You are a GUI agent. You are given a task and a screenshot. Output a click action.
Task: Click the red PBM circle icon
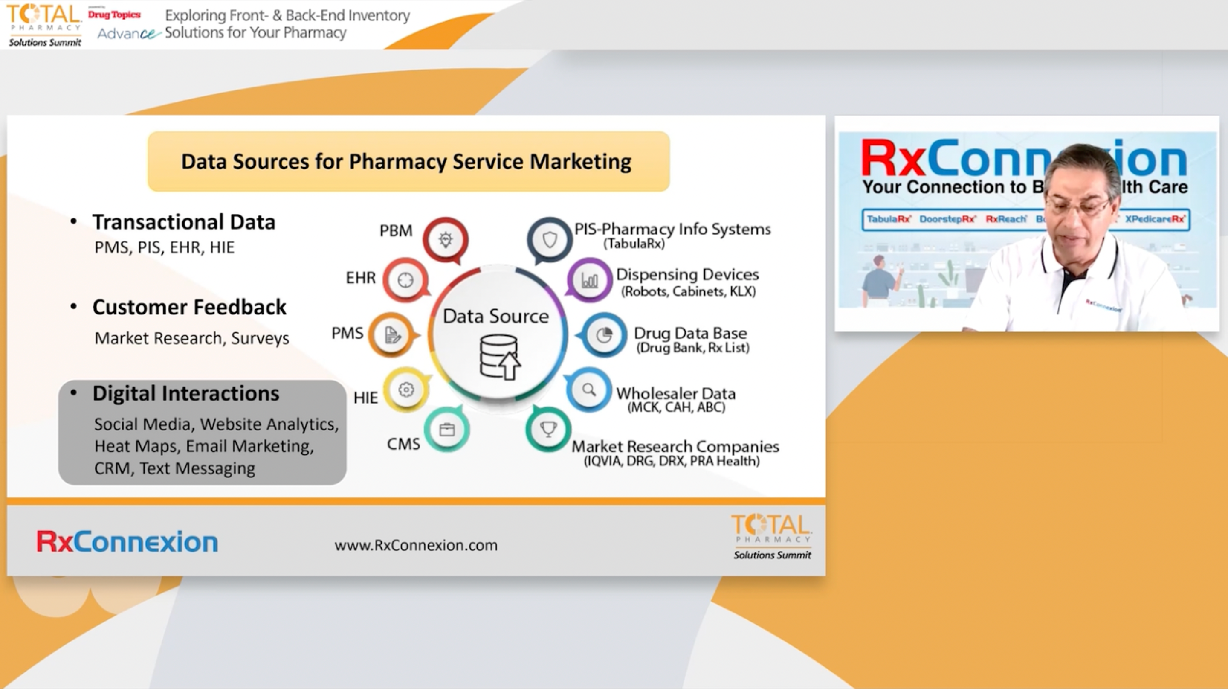445,239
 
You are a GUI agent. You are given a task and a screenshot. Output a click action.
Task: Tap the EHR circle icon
405,280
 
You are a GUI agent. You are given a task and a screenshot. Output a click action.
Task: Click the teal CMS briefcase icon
447,430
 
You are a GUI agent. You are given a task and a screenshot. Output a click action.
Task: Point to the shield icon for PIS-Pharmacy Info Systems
550,239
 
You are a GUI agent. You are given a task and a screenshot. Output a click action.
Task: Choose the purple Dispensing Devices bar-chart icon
590,280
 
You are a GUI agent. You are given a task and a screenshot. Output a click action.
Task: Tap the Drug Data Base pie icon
603,335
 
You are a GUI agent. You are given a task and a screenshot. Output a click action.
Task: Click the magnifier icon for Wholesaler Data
589,390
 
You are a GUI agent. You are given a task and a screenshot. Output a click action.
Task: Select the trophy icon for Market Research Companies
548,429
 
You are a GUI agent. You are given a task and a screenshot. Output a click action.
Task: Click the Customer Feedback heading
189,307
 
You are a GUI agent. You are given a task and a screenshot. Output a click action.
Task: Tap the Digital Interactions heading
186,393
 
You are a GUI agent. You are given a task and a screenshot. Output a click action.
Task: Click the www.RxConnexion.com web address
416,545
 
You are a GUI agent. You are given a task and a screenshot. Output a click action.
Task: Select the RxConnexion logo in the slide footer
127,542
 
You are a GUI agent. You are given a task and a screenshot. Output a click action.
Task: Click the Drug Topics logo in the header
114,15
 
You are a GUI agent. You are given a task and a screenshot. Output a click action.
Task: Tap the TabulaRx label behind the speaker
889,219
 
